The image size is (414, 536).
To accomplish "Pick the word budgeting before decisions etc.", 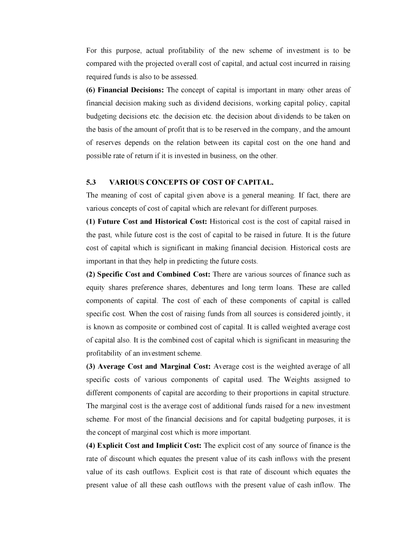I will (x=101, y=117).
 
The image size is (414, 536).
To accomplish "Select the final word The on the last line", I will (x=344, y=485).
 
